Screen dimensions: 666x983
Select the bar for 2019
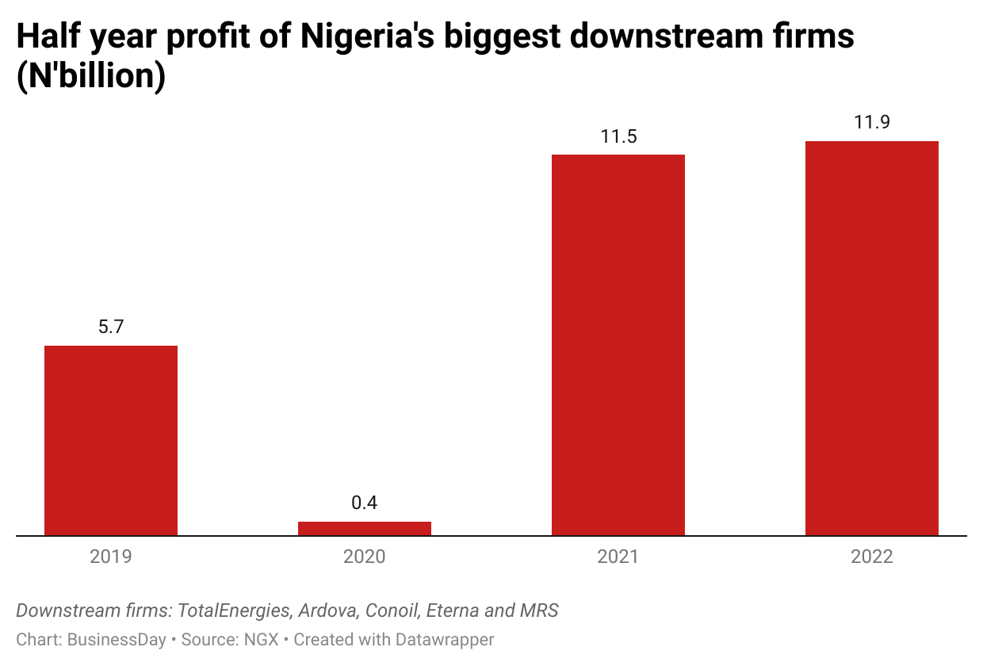tap(111, 440)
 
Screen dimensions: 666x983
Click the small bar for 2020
tap(365, 528)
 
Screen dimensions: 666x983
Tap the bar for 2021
tap(618, 345)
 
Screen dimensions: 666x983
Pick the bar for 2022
tap(872, 339)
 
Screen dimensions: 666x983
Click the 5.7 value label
tap(111, 327)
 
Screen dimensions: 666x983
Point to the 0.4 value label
tap(365, 503)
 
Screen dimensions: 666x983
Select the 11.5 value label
tap(618, 136)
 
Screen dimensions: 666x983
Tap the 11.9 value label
tap(872, 122)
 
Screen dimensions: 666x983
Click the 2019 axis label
tap(111, 557)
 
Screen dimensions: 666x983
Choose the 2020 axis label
tap(365, 557)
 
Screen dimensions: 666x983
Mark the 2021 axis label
tap(618, 557)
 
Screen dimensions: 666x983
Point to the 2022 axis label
tap(872, 557)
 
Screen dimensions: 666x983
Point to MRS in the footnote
tap(540, 610)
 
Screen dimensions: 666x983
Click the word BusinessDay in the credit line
tap(117, 639)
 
